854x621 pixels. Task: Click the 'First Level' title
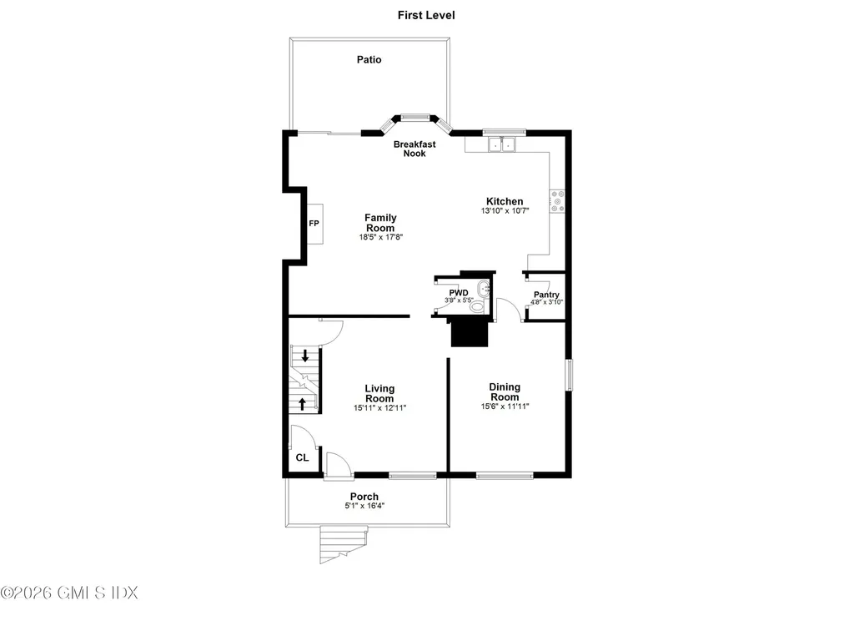click(x=426, y=15)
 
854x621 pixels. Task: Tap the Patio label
click(x=369, y=59)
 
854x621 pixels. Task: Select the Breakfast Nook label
click(x=414, y=149)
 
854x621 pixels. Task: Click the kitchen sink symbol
click(x=501, y=144)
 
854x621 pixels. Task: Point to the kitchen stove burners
click(x=557, y=201)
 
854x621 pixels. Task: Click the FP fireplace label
click(x=314, y=224)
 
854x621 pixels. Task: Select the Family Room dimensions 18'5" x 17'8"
click(x=380, y=237)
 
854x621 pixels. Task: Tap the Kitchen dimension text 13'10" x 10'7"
click(x=505, y=211)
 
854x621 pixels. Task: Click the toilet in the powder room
click(x=478, y=306)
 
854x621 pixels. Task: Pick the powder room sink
click(x=483, y=289)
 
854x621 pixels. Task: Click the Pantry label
click(x=546, y=295)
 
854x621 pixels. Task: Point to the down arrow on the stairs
click(x=305, y=356)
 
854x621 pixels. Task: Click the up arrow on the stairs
click(x=302, y=404)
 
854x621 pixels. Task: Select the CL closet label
click(x=302, y=458)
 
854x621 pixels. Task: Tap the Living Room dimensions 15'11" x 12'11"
click(x=379, y=408)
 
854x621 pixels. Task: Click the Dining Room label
click(x=505, y=392)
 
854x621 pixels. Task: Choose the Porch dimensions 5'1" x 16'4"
click(x=364, y=506)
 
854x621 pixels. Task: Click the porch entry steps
click(x=342, y=543)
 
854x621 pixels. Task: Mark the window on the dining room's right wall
click(x=569, y=375)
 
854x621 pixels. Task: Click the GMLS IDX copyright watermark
click(x=69, y=593)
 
